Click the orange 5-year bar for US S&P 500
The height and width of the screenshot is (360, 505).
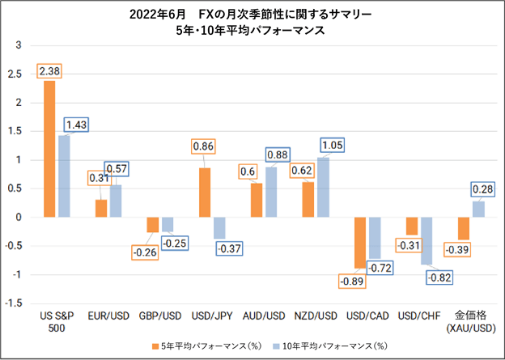pyautogui.click(x=49, y=149)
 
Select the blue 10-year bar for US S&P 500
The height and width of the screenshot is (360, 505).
pyautogui.click(x=64, y=176)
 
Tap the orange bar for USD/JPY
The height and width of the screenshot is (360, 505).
pyautogui.click(x=205, y=193)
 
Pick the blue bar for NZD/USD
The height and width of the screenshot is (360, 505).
pyautogui.click(x=323, y=188)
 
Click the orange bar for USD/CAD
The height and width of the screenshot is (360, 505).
pyautogui.click(x=360, y=243)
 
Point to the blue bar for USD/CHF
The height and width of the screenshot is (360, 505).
pyautogui.click(x=426, y=241)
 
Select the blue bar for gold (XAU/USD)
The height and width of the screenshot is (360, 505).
pyautogui.click(x=478, y=210)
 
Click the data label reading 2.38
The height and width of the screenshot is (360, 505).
pyautogui.click(x=49, y=71)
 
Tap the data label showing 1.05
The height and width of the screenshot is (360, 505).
pyautogui.click(x=333, y=145)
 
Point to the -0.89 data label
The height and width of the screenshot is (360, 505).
pyautogui.click(x=352, y=281)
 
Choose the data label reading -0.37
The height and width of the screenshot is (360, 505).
pyautogui.click(x=229, y=248)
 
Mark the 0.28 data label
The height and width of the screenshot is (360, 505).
pyautogui.click(x=482, y=189)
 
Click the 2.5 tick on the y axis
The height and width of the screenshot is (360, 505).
pyautogui.click(x=15, y=74)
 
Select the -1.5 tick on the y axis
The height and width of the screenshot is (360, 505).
pyautogui.click(x=13, y=303)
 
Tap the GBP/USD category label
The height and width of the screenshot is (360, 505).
pyautogui.click(x=160, y=316)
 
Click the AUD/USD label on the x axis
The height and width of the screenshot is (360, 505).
pyautogui.click(x=264, y=316)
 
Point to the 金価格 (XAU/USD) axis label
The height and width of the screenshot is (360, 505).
pyautogui.click(x=471, y=322)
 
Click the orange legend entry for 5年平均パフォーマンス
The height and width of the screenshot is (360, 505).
pyautogui.click(x=206, y=346)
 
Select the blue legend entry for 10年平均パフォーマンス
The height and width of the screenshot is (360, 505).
pyautogui.click(x=330, y=346)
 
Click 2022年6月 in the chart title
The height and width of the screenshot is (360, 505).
pyautogui.click(x=158, y=15)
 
